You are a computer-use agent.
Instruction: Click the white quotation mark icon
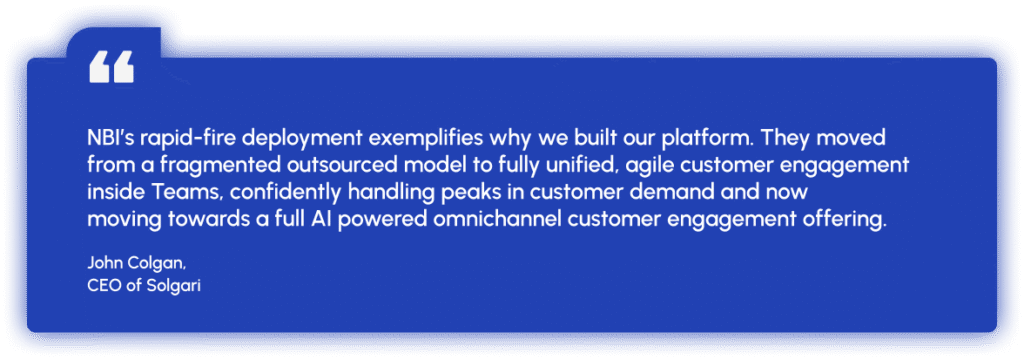[x=112, y=67]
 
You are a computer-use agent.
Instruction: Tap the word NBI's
[x=111, y=138]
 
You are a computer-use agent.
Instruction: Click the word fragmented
[x=199, y=166]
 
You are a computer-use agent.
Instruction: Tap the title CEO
[x=102, y=286]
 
